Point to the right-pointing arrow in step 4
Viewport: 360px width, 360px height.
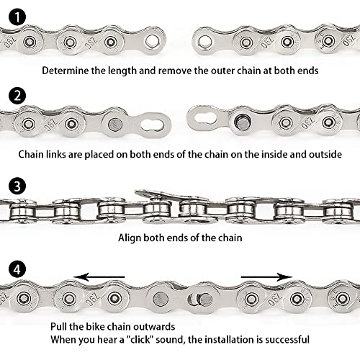(x=266, y=276)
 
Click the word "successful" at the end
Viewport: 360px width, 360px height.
(x=284, y=338)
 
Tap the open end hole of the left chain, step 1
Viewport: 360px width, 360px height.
(x=152, y=41)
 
